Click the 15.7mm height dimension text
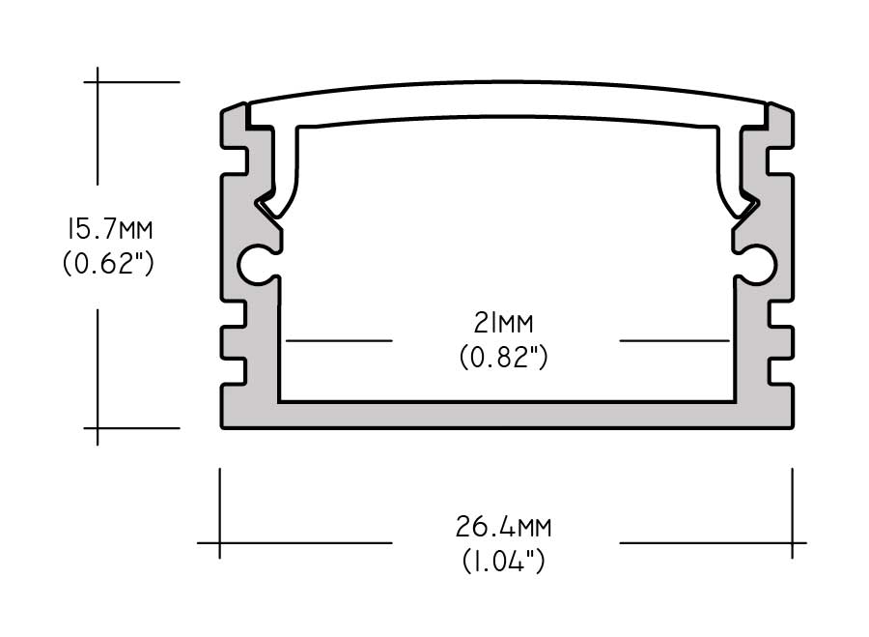(108, 231)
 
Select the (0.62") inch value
(108, 263)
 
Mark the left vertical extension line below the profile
(220, 512)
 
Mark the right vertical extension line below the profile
(793, 512)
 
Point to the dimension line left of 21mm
(339, 340)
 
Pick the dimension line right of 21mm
(673, 340)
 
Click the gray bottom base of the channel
(506, 415)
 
